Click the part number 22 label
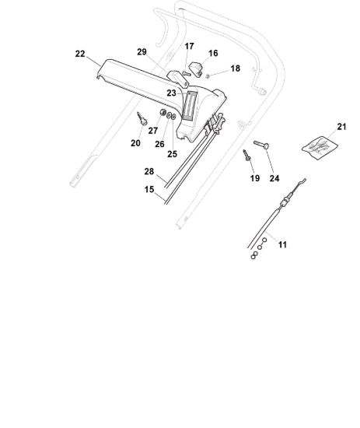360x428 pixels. pyautogui.click(x=80, y=54)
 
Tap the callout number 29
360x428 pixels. pyautogui.click(x=142, y=52)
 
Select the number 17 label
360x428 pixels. pyautogui.click(x=189, y=47)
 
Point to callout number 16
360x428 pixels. pyautogui.click(x=213, y=53)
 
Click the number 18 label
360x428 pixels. pyautogui.click(x=235, y=68)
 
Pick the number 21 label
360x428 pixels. pyautogui.click(x=341, y=127)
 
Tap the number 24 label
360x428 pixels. pyautogui.click(x=274, y=178)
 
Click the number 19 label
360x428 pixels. pyautogui.click(x=255, y=178)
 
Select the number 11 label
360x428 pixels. pyautogui.click(x=282, y=244)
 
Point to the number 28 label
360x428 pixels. pyautogui.click(x=149, y=171)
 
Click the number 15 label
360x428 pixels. pyautogui.click(x=149, y=189)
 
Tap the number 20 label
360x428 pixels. pyautogui.click(x=135, y=143)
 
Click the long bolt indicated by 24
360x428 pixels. pyautogui.click(x=261, y=145)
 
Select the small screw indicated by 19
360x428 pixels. pyautogui.click(x=246, y=156)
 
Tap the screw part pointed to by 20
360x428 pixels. pyautogui.click(x=142, y=118)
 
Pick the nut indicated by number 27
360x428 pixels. pyautogui.click(x=163, y=112)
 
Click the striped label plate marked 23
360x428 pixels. pyautogui.click(x=190, y=106)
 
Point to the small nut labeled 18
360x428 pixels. pyautogui.click(x=208, y=76)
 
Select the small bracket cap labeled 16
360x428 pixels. pyautogui.click(x=196, y=69)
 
